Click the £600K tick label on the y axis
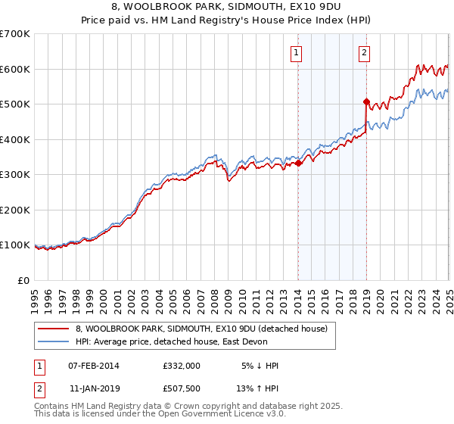point(15,69)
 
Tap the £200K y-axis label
point(15,210)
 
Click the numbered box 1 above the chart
point(296,53)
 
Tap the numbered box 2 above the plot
point(364,53)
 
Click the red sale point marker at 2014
point(298,163)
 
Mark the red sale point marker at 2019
point(366,101)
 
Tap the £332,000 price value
point(182,366)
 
